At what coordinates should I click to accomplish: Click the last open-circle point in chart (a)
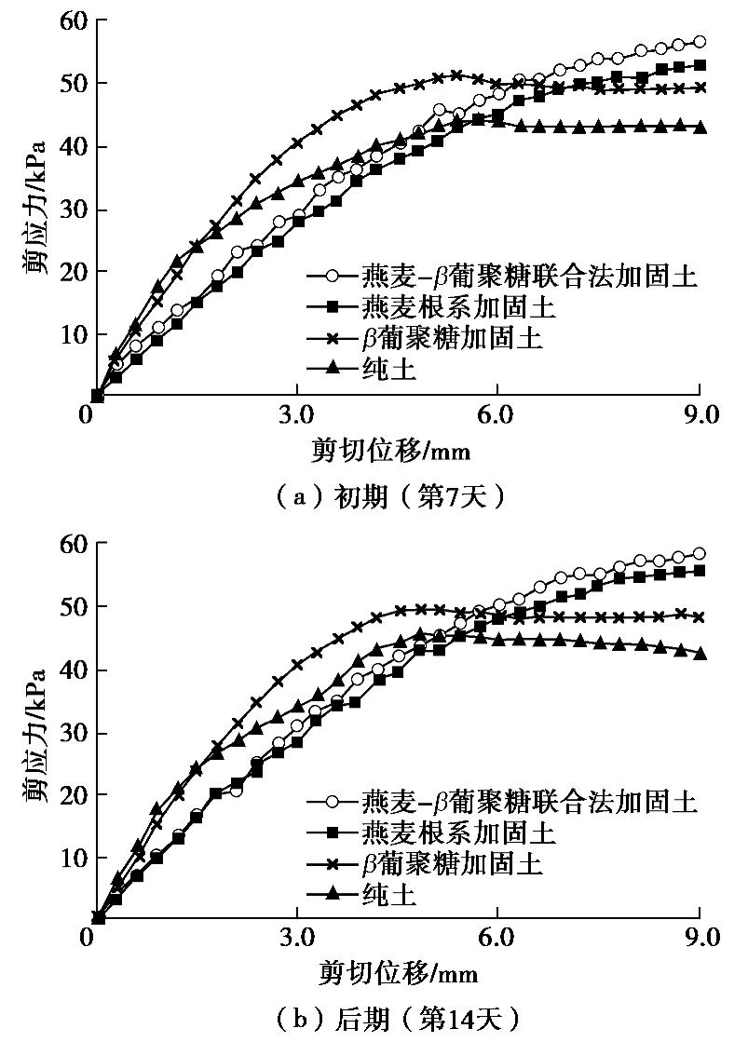tap(700, 42)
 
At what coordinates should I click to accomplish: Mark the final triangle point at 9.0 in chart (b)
tap(700, 654)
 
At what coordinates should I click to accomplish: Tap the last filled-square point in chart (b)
tap(700, 571)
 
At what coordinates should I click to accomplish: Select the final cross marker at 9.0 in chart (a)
tap(700, 88)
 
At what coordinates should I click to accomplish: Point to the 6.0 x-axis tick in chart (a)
tap(497, 416)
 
